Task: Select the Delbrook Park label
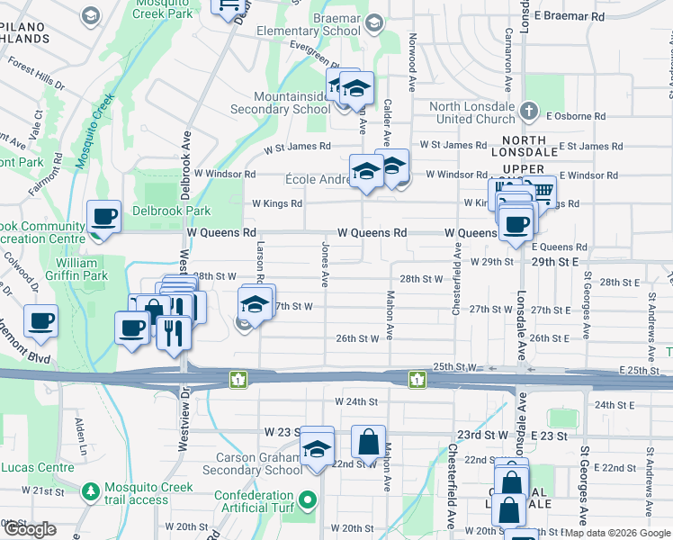(174, 211)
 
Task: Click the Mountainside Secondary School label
(279, 103)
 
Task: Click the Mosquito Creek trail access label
(136, 493)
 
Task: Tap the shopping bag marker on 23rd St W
(368, 442)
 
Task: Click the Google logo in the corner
(30, 529)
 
